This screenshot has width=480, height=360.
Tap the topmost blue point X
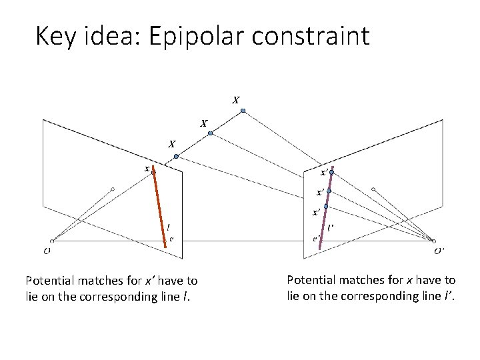(243, 110)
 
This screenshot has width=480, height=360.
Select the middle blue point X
(210, 133)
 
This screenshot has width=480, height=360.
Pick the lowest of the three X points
(176, 156)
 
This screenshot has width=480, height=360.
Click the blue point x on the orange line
(153, 171)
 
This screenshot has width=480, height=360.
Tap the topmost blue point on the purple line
(331, 173)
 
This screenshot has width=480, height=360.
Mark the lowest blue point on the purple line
(325, 207)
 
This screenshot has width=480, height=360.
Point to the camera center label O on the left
(47, 251)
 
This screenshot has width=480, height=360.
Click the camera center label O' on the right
(439, 251)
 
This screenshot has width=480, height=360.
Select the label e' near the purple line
(315, 238)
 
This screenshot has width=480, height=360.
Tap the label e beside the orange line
(171, 237)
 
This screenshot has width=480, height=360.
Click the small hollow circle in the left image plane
(113, 189)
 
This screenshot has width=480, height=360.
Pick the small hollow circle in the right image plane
(373, 189)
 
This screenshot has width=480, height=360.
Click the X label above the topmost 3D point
(236, 101)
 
